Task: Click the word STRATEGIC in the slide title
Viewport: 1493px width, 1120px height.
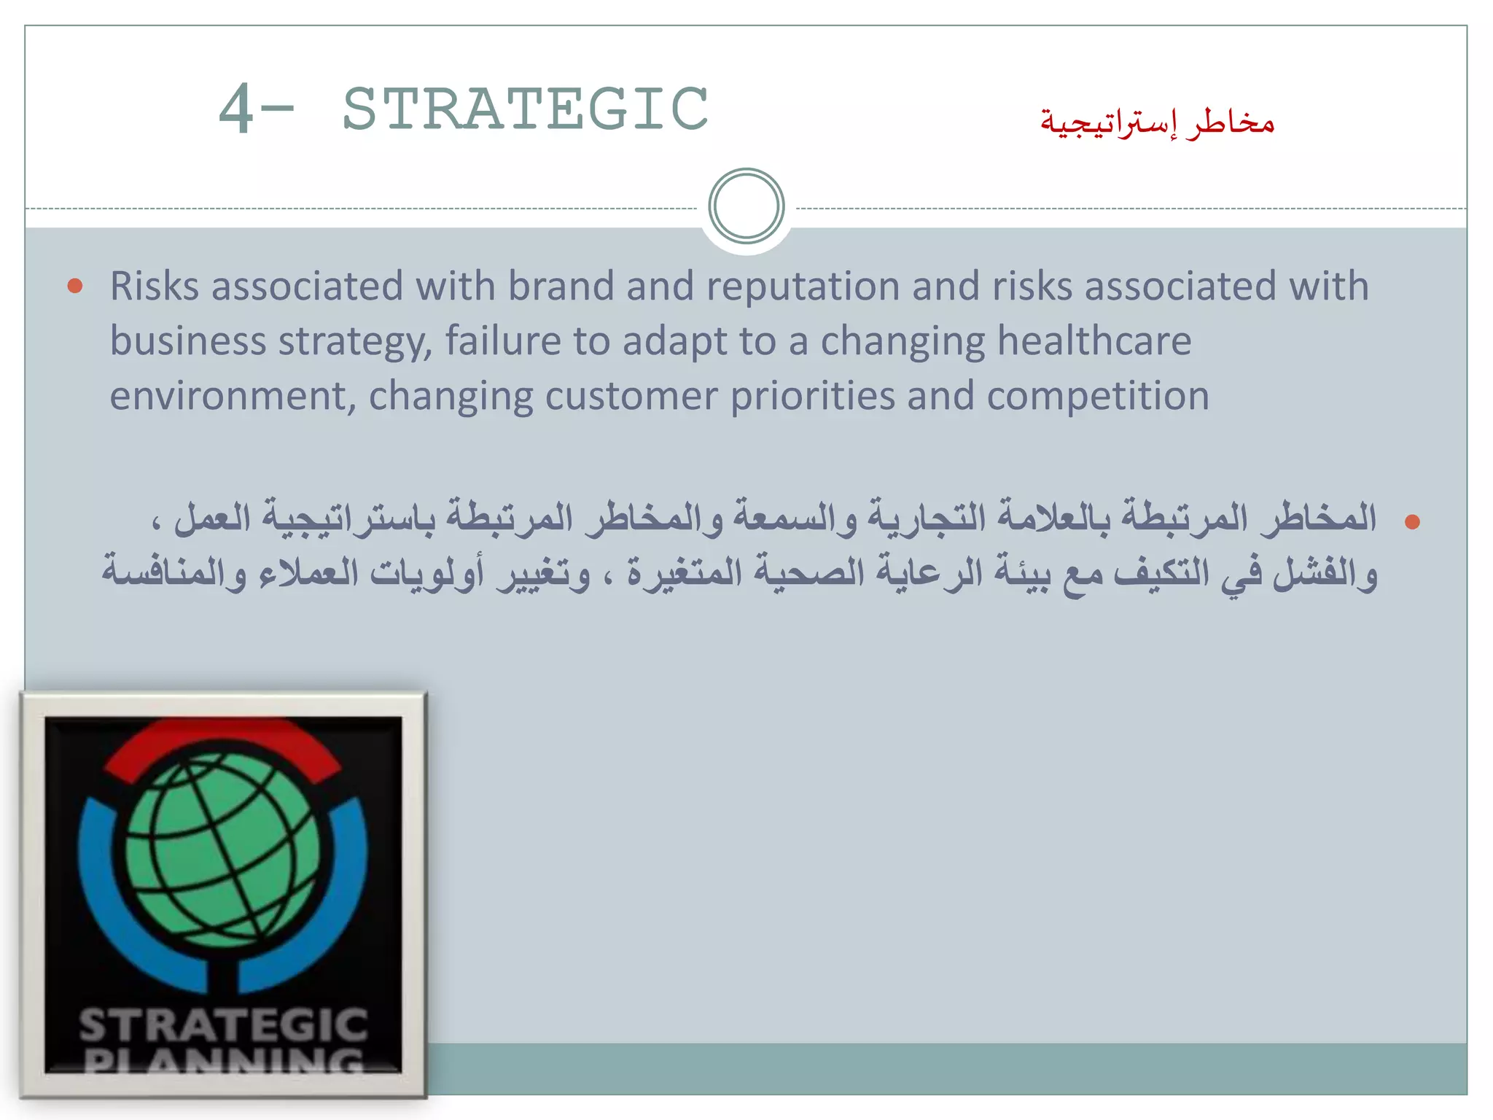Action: (525, 109)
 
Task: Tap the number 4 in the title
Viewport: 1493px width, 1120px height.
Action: (236, 109)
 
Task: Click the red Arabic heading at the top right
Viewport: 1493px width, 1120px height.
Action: (1157, 122)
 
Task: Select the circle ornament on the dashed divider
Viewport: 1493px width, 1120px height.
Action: (746, 206)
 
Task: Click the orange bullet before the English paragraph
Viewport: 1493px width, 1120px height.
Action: (74, 286)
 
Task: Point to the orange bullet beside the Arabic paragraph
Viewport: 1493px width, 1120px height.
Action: (1412, 521)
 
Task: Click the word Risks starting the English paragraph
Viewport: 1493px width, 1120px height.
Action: (155, 286)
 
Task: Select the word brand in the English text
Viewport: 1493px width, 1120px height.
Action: (561, 286)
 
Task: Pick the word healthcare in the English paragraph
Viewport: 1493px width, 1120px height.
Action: (1094, 341)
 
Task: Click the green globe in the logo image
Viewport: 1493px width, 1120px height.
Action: (222, 849)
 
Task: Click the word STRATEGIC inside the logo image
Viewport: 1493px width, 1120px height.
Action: (223, 1024)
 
